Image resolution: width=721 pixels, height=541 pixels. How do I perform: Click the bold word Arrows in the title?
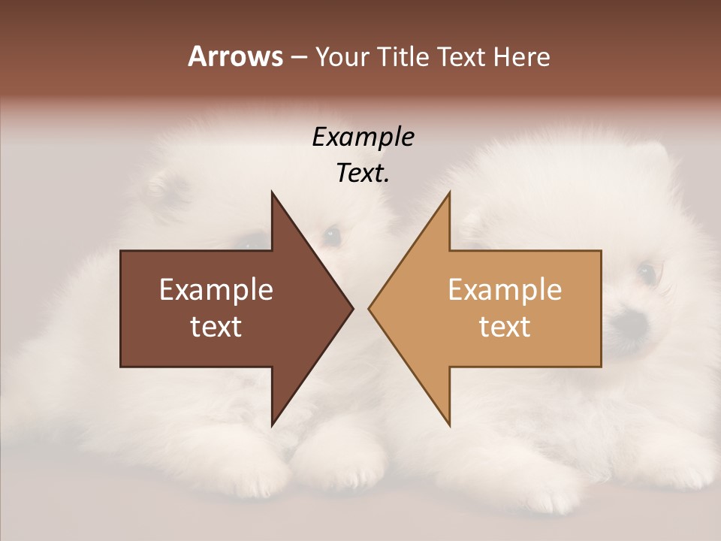point(235,56)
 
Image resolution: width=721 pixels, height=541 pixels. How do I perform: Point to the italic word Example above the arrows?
point(363,138)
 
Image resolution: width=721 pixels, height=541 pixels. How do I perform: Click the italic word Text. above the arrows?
point(363,174)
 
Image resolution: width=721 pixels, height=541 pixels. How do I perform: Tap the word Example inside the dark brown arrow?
point(216,290)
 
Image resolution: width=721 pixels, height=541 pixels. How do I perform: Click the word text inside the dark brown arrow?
point(216,327)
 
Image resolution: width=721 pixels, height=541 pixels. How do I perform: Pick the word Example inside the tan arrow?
point(505,290)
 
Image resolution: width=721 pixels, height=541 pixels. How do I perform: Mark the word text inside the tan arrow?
point(505,327)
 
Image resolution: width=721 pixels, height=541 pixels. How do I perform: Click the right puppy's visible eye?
point(645,271)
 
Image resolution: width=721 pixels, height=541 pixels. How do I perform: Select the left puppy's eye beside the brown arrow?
point(331,237)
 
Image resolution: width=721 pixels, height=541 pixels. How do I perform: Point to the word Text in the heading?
point(463,57)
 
